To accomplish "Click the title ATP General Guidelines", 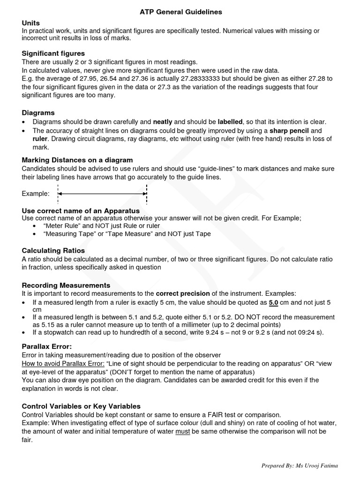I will pyautogui.click(x=180, y=11).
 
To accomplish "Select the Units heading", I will pyautogui.click(x=31, y=22).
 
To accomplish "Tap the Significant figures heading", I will pyautogui.click(x=53, y=54).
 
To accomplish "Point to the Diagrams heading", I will pyautogui.click(x=38, y=112).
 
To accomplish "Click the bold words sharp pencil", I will pyautogui.click(x=289, y=130).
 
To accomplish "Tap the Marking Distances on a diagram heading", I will pyautogui.click(x=77, y=160).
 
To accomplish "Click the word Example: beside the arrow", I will pyautogui.click(x=35, y=193).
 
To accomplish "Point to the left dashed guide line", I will pyautogui.click(x=58, y=193).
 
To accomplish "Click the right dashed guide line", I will pyautogui.click(x=147, y=193).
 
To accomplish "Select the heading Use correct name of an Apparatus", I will pyautogui.click(x=81, y=211).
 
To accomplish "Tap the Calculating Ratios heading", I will pyautogui.click(x=53, y=251).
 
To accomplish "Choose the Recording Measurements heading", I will pyautogui.click(x=66, y=285).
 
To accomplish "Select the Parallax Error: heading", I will pyautogui.click(x=47, y=346).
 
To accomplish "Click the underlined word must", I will pyautogui.click(x=182, y=431).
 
